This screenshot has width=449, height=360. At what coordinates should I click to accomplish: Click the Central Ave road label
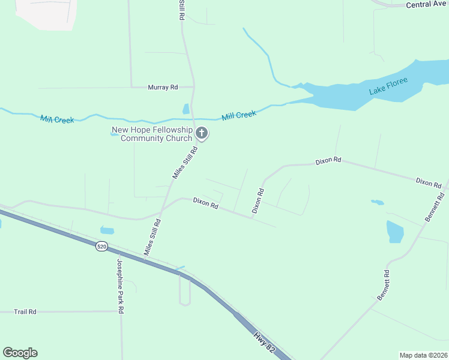coord(426,4)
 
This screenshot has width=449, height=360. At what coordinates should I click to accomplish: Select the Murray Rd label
coord(163,87)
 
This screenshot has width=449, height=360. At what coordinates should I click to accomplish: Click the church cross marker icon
coord(202,133)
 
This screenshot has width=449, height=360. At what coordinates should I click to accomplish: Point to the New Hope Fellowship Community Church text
coord(152,134)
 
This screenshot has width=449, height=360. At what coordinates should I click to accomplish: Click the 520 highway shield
coord(101,246)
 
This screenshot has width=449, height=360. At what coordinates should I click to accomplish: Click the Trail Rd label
coord(25,311)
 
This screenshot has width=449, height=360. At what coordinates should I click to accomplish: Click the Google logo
coord(20,353)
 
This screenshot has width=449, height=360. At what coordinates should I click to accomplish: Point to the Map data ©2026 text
coord(423,355)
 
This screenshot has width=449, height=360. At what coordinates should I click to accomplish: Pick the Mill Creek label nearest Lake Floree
coord(239,115)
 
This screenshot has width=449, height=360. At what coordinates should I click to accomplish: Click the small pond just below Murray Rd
coord(186,109)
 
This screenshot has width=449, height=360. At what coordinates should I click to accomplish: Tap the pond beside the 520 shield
coord(107,230)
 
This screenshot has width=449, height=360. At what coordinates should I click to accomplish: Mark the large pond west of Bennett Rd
coord(395,232)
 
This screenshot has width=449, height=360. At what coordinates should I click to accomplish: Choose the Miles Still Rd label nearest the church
coord(185,162)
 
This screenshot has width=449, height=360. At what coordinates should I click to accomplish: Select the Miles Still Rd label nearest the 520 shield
coord(152,238)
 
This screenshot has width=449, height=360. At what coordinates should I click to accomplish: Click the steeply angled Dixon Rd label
coord(258,201)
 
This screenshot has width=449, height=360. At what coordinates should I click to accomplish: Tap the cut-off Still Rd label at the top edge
coord(180,10)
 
